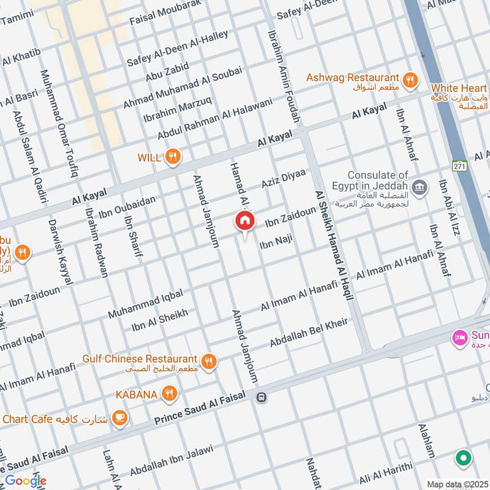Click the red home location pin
pyautogui.click(x=244, y=221)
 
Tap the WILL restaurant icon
pyautogui.click(x=173, y=157)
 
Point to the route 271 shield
pyautogui.click(x=461, y=166)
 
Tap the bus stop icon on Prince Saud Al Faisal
pyautogui.click(x=262, y=398)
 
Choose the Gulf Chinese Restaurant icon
pyautogui.click(x=209, y=361)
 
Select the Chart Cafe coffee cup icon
pyautogui.click(x=119, y=418)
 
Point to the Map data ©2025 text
pyautogui.click(x=456, y=484)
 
